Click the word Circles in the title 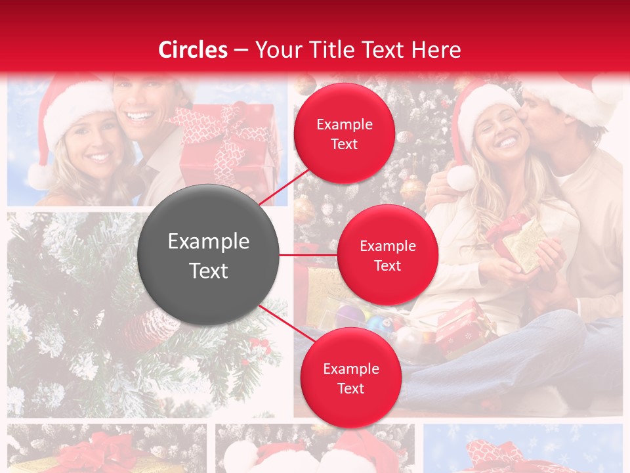193,50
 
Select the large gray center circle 208,256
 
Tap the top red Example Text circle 344,134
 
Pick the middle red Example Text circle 387,256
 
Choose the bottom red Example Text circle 350,378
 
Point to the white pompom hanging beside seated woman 461,177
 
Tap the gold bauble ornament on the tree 412,189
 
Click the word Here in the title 437,50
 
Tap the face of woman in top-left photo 89,141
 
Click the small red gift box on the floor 459,325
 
